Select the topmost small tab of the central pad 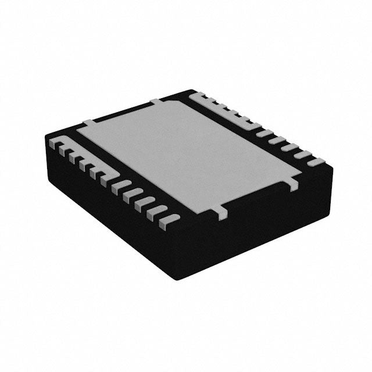pyautogui.click(x=156, y=101)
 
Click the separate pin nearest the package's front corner pyautogui.click(x=169, y=219)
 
